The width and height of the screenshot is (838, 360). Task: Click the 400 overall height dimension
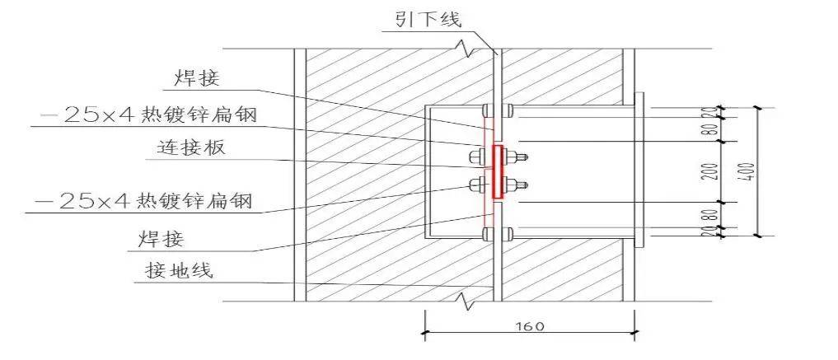[750, 171]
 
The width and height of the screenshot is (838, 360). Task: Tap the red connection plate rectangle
[497, 171]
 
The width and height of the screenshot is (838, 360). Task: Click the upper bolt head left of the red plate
[476, 157]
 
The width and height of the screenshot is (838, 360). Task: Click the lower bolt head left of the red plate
[476, 184]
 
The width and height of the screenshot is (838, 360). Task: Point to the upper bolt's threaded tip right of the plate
[524, 157]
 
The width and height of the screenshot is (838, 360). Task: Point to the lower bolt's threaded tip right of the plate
[524, 184]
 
